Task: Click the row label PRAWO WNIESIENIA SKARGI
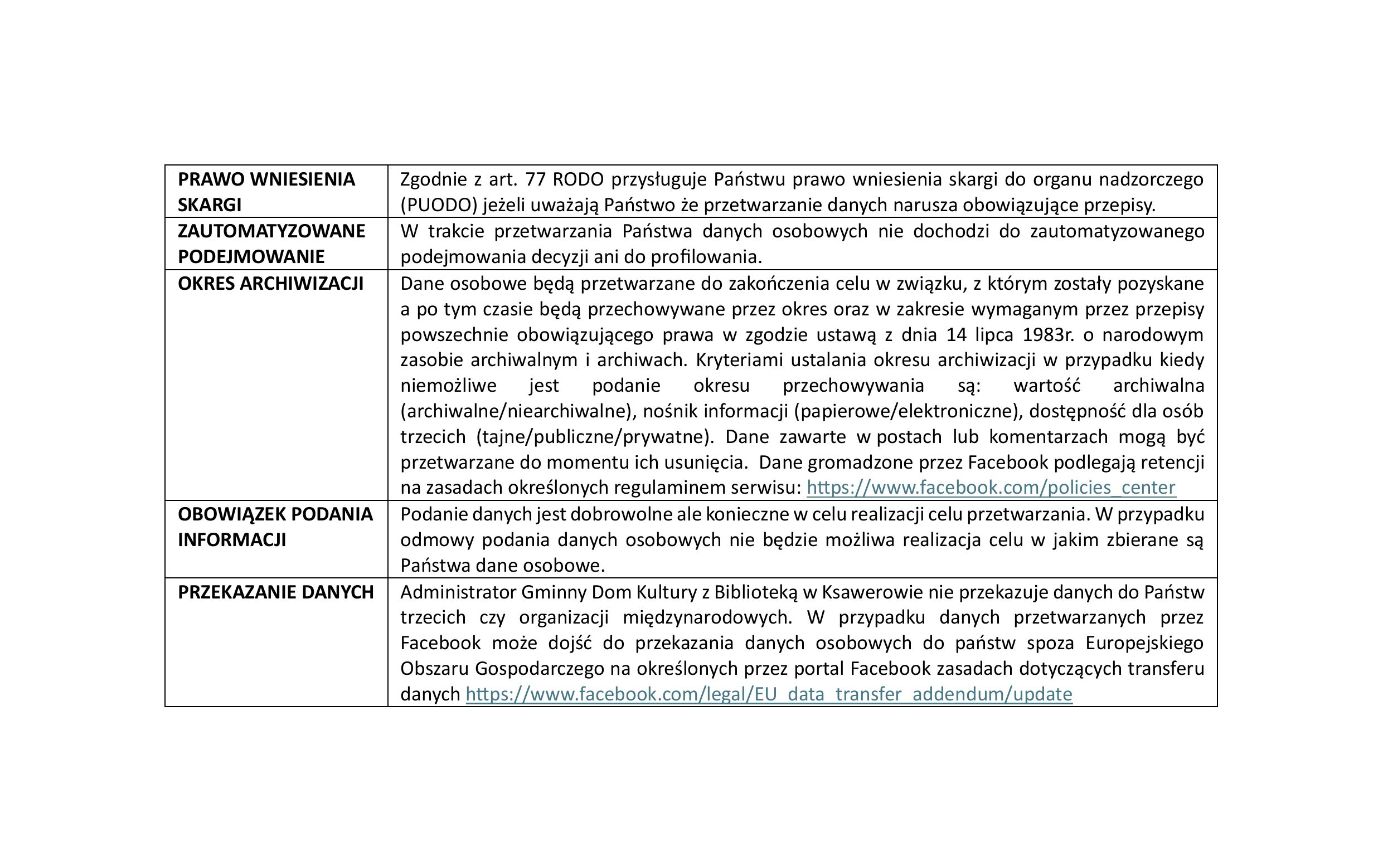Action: point(266,192)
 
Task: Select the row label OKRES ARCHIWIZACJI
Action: point(270,284)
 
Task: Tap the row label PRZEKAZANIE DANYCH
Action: point(275,592)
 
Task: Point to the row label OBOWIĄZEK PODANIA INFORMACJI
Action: point(275,527)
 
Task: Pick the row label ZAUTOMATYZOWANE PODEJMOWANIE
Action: point(271,244)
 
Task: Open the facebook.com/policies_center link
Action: point(991,488)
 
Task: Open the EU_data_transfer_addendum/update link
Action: point(769,694)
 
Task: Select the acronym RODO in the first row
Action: point(578,179)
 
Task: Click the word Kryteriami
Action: point(737,360)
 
